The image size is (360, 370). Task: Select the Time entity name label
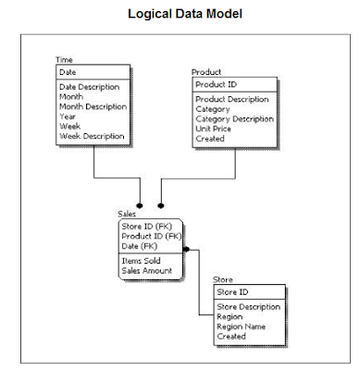click(65, 60)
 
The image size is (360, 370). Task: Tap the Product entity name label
click(206, 71)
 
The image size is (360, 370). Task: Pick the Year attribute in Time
click(68, 117)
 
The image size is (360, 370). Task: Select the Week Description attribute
click(93, 137)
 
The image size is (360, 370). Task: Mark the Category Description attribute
click(234, 118)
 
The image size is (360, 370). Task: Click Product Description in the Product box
click(232, 98)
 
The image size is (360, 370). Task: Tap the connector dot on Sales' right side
click(186, 249)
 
